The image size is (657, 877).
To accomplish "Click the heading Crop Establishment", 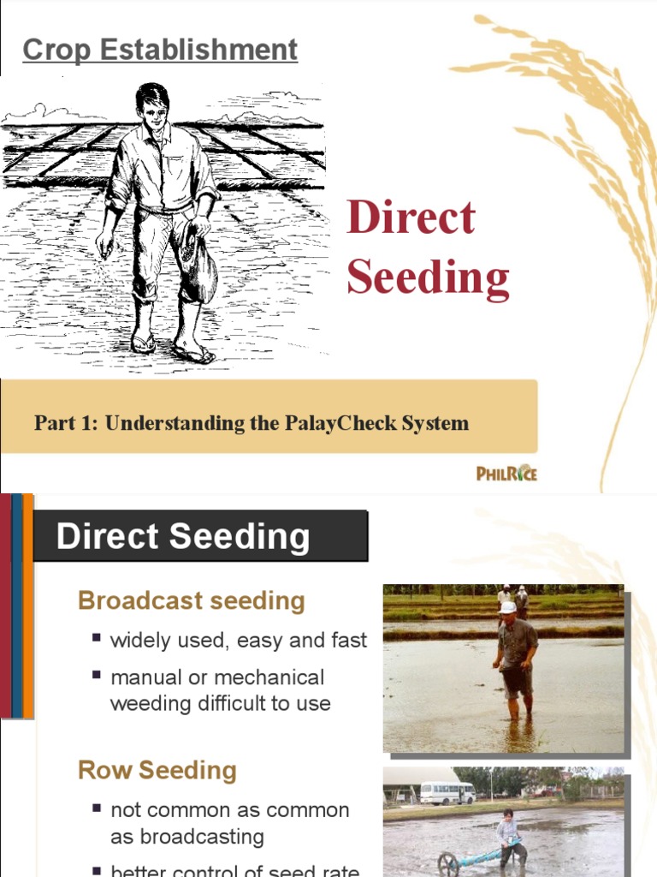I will point(160,50).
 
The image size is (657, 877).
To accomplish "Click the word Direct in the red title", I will point(411,218).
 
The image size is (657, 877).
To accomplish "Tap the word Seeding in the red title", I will point(428,277).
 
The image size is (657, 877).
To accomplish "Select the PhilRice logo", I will point(506,472).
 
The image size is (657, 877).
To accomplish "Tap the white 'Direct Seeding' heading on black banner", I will point(182,537).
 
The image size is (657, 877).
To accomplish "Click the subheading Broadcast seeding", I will point(191,600).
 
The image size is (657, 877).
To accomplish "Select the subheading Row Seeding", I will point(157,770).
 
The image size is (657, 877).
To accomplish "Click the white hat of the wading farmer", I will point(508,607).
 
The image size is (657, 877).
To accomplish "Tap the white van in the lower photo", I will point(447,793).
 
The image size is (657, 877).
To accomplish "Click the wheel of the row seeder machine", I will point(449,865).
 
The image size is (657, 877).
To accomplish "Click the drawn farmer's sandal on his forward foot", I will point(192,353).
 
